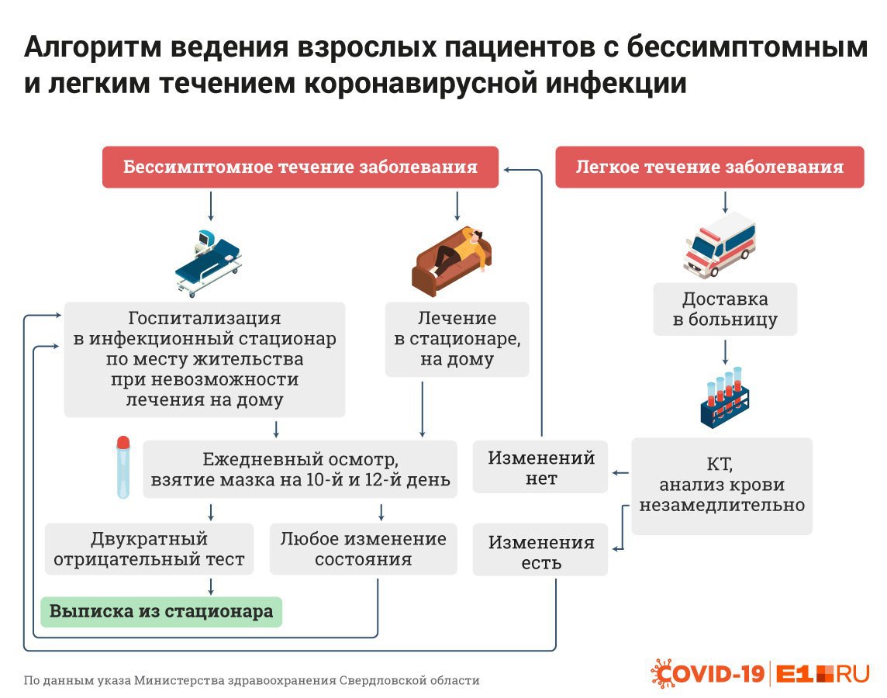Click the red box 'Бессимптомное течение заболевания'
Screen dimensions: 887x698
coord(300,167)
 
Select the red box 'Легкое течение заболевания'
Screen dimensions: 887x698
coord(709,167)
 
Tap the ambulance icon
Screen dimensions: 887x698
coord(720,244)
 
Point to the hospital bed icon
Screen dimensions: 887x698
coord(208,264)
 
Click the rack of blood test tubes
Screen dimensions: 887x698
coord(725,398)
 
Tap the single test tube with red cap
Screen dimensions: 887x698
coord(123,467)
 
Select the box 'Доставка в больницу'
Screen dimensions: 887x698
coord(725,309)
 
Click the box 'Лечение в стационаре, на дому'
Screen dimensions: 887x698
coord(457,340)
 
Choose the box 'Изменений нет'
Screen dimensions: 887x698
coord(540,467)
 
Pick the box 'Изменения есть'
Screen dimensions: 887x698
coord(540,551)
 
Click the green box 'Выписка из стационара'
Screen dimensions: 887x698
coord(161,612)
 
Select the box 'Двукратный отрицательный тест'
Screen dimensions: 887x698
coord(150,549)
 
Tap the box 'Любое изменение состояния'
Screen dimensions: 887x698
coord(363,549)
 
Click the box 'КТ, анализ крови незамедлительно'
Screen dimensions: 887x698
coord(722,485)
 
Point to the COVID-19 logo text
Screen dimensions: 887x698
coord(708,674)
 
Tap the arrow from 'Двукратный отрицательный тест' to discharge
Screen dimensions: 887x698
coord(211,586)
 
